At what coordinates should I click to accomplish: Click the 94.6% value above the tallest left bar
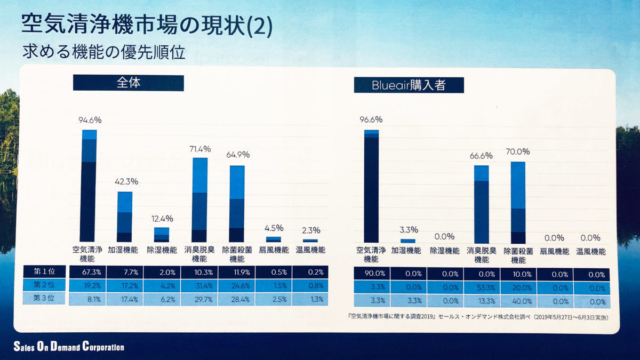point(89,120)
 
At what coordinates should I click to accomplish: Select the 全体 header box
point(128,83)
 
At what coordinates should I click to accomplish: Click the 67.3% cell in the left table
point(88,272)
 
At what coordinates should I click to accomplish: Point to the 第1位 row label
point(44,271)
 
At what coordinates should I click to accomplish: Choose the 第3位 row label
point(44,298)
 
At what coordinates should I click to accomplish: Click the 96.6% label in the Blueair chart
point(371,120)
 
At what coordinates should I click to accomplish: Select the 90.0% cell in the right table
point(371,275)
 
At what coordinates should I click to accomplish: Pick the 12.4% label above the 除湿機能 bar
point(162,219)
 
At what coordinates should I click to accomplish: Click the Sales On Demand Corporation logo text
point(69,347)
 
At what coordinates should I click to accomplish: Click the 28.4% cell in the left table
point(236,299)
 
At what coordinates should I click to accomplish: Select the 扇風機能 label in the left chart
point(274,250)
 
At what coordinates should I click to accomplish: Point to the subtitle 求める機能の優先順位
point(104,54)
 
